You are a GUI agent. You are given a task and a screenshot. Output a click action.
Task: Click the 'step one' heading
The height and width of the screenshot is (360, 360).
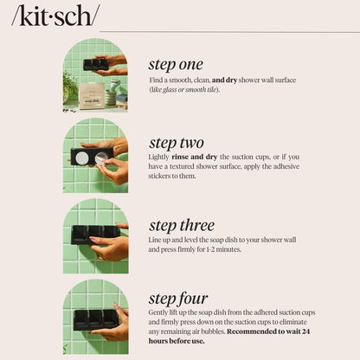tap(176, 64)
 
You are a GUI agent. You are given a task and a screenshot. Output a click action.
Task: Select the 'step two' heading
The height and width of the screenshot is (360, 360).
tap(177, 143)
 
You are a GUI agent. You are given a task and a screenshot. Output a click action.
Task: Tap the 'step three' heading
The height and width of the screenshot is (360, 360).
tap(182, 226)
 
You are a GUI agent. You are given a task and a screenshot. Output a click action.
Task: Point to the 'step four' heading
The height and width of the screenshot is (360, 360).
tap(178, 299)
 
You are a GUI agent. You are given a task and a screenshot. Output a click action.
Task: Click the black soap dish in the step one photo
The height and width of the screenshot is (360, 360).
tap(95, 64)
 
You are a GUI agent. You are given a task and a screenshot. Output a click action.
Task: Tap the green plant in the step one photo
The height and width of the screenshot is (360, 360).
tap(69, 84)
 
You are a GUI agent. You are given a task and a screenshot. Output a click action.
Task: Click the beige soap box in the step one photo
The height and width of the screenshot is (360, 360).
tap(91, 94)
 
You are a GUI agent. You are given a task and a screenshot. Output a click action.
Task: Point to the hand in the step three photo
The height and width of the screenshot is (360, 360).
tap(110, 248)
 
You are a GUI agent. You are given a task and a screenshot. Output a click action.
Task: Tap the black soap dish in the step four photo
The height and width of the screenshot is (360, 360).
tap(94, 318)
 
